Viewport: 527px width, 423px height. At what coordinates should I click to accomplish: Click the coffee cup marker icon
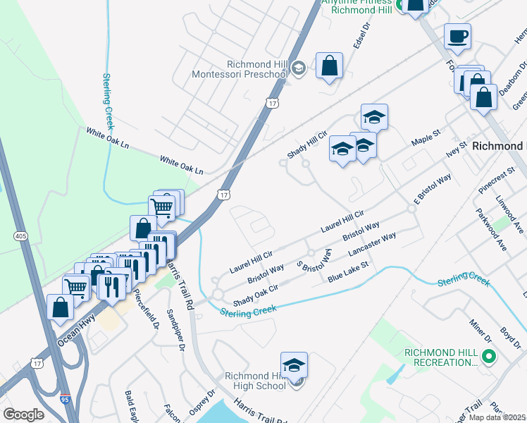click(x=457, y=36)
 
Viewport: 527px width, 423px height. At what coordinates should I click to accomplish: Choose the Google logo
click(x=24, y=415)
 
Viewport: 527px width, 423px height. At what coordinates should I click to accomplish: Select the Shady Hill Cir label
click(x=307, y=145)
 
